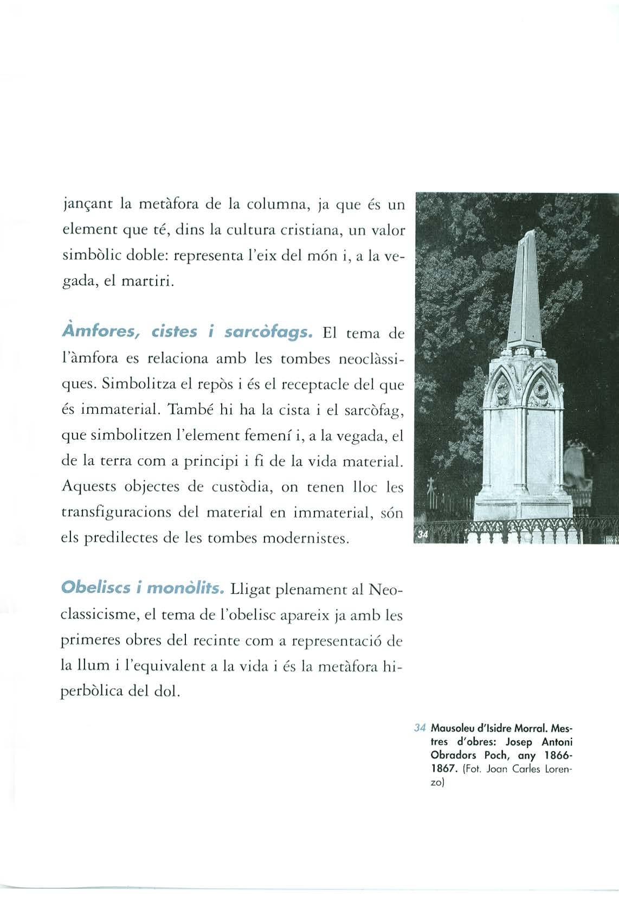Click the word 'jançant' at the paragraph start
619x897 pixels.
[x=85, y=206]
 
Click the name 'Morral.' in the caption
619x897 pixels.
[x=545, y=727]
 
